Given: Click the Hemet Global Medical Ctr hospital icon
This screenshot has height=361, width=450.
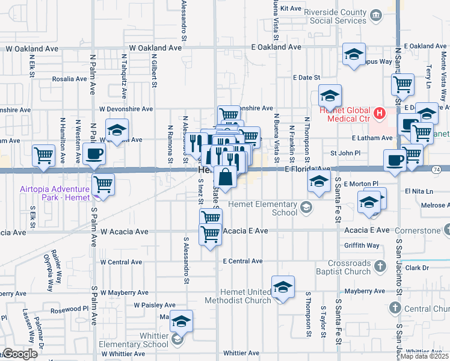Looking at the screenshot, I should tap(380, 112).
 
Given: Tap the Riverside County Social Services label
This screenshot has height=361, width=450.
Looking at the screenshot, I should tap(336, 16).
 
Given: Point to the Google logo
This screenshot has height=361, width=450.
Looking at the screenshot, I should tap(20, 354).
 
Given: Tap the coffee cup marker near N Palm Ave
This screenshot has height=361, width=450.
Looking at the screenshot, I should tap(94, 154).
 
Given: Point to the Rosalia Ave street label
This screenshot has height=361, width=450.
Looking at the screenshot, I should tap(69, 79).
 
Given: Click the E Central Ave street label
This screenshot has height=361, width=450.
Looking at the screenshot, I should tap(242, 261).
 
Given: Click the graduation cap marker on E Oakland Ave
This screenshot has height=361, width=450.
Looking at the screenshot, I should tap(354, 54).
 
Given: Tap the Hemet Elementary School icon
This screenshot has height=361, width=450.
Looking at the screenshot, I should tap(306, 208).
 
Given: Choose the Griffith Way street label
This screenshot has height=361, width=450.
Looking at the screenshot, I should tap(362, 245).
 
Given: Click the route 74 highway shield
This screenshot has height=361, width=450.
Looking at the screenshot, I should tap(435, 170).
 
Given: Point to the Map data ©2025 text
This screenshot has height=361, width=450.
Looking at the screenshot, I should tap(424, 356).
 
